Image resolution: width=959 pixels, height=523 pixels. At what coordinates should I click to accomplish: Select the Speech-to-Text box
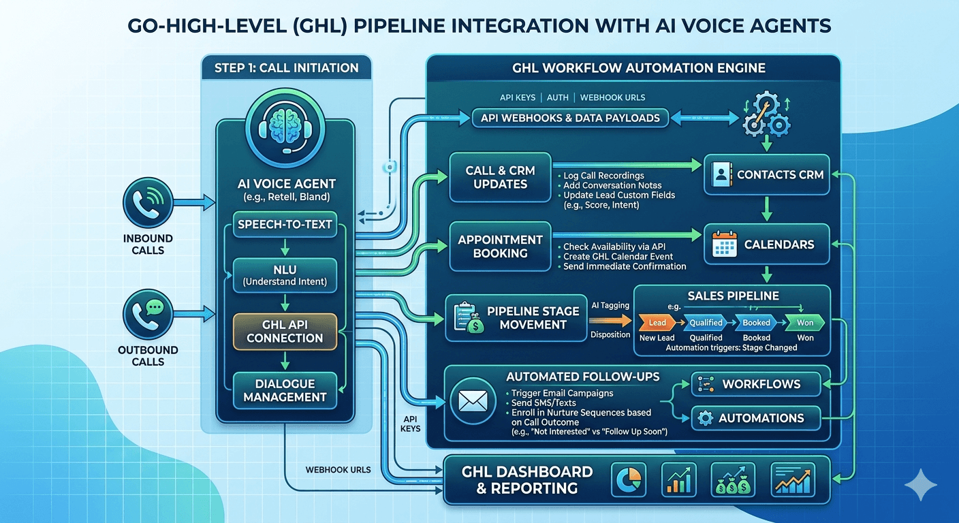[285, 225]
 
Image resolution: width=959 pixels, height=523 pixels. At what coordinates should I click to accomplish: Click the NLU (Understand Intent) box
[285, 274]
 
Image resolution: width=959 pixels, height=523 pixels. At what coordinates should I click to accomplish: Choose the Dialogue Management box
[285, 390]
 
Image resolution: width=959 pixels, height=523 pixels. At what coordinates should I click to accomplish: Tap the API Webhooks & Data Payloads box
[569, 118]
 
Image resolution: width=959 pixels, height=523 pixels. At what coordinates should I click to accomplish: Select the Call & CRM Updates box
[500, 178]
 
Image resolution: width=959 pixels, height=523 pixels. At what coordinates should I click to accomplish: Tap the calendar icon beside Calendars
[724, 244]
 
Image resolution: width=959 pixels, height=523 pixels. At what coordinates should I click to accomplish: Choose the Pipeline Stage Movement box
[516, 318]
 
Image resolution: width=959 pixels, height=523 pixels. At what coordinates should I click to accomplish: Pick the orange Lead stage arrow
[657, 323]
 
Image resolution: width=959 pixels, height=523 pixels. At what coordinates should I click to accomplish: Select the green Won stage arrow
[805, 323]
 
